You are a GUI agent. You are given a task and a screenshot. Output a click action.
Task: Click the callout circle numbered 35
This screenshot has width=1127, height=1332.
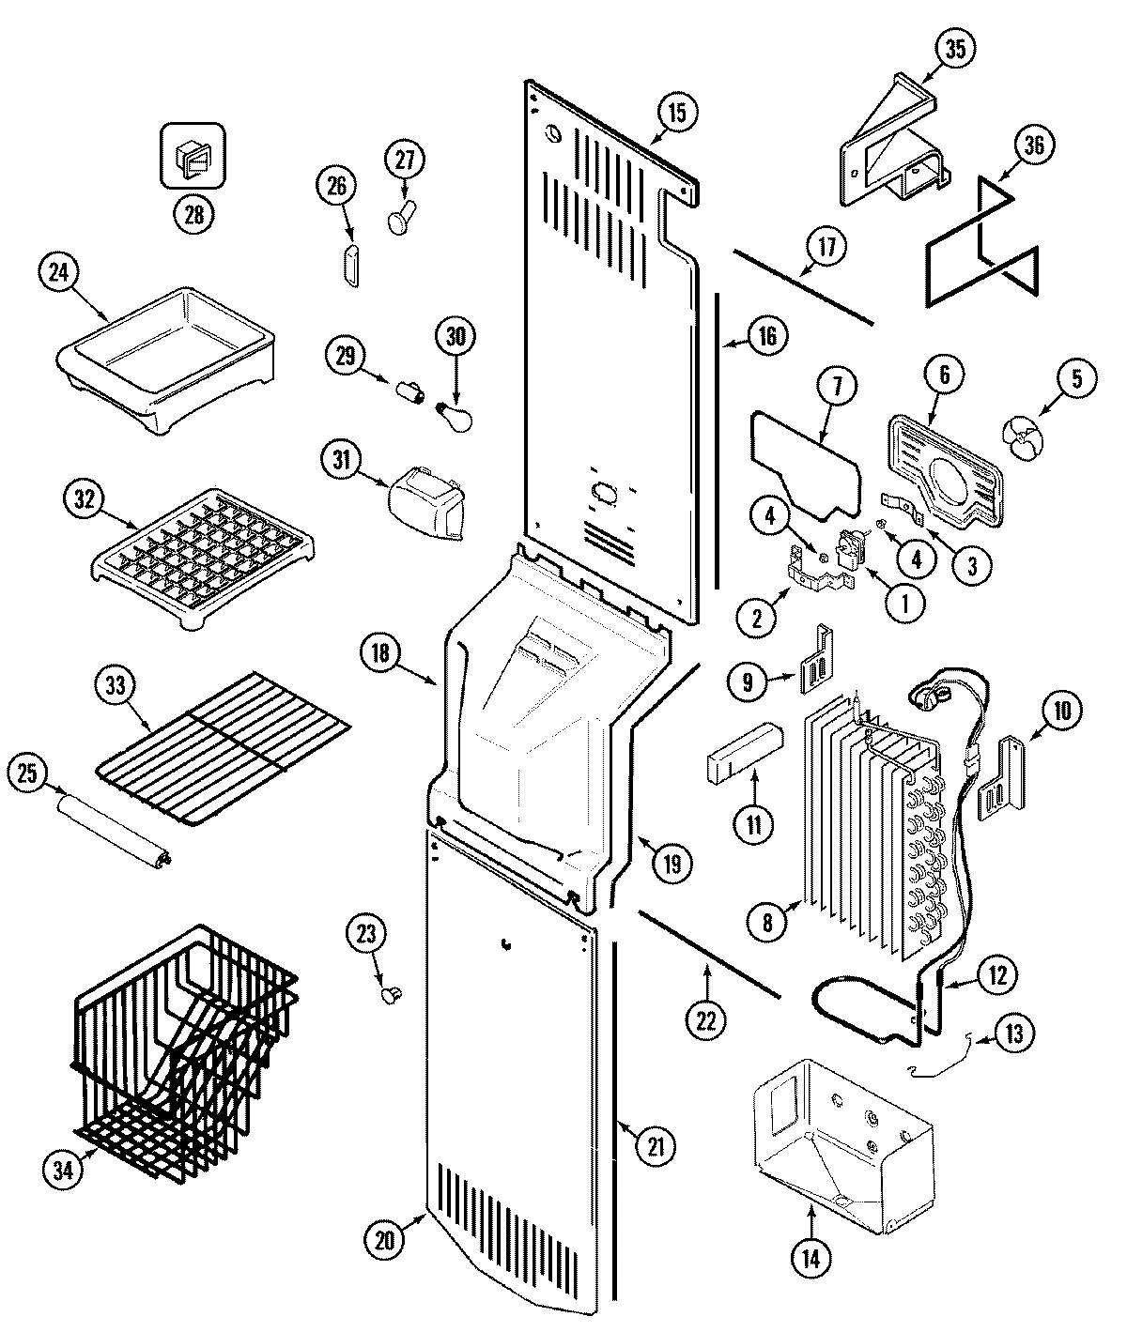click(x=954, y=50)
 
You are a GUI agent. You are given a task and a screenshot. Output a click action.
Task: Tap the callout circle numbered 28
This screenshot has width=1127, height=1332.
click(x=193, y=215)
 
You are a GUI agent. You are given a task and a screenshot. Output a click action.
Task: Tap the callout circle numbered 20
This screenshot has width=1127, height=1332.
click(x=384, y=1238)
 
